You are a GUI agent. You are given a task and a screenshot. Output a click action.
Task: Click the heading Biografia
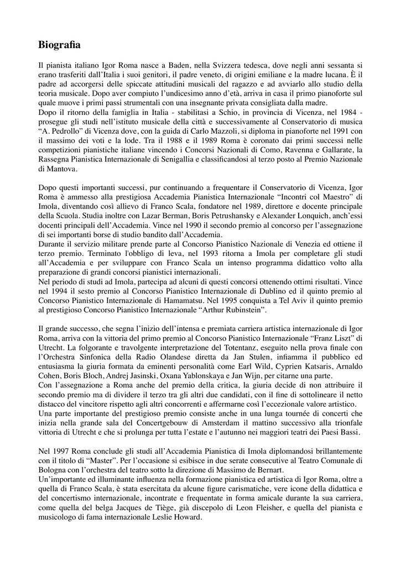60,44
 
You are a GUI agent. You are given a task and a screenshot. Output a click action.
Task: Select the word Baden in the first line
169,66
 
